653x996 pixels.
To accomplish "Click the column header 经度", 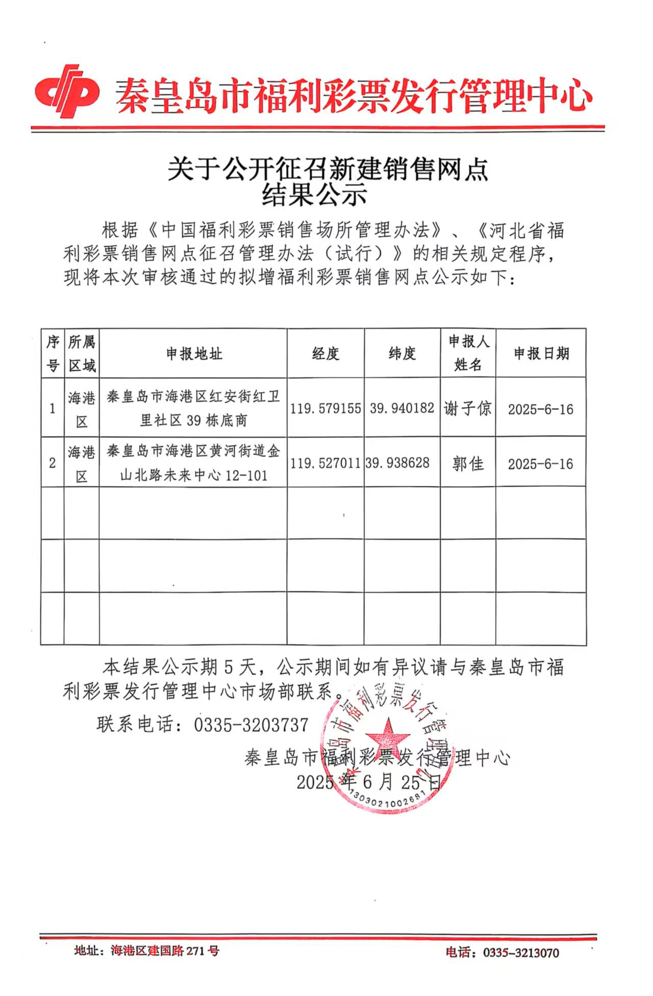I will tap(325, 353).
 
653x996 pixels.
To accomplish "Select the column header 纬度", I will tap(402, 353).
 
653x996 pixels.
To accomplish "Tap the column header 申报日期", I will tap(541, 353).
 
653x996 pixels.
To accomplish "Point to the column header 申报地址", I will tap(194, 354).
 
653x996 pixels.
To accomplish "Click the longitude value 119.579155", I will tap(325, 408).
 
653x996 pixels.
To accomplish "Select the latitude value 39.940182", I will tap(402, 408).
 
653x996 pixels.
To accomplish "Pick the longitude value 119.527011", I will tap(325, 463).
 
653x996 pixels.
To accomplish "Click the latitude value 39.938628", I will tap(398, 463).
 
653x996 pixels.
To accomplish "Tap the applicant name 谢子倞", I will tap(467, 408).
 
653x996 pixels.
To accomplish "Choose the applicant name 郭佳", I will tap(467, 463).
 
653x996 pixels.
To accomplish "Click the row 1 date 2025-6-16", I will tap(540, 409).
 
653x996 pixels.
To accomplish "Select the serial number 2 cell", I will tap(53, 463).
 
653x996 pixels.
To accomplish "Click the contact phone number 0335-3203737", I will tap(251, 725).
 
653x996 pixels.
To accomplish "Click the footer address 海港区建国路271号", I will tap(165, 951).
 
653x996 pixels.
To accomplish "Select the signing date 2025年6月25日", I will tap(368, 782).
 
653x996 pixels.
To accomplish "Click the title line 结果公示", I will tap(314, 195).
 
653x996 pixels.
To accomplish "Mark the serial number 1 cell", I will tap(53, 408).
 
